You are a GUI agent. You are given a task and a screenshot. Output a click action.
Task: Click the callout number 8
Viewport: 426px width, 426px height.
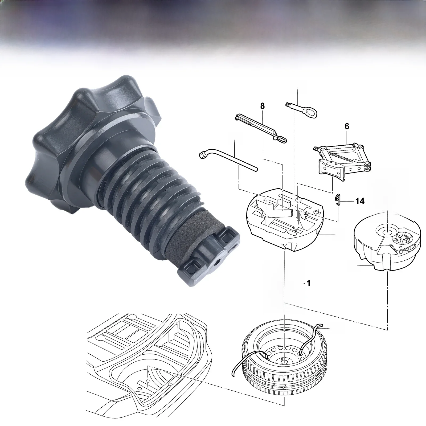(263, 106)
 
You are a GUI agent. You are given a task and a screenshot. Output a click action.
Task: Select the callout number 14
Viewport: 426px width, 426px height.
(360, 201)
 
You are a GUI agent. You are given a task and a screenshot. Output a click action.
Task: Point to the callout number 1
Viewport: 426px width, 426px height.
(309, 284)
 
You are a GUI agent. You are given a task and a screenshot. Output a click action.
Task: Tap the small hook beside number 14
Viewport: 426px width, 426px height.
(338, 200)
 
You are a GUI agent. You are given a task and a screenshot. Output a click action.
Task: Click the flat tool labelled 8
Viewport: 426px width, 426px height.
(261, 128)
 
